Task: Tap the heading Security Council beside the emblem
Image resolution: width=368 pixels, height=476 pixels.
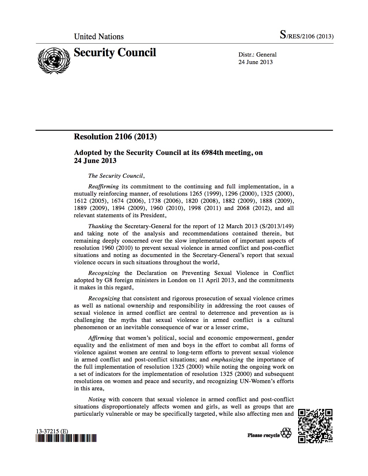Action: (115, 53)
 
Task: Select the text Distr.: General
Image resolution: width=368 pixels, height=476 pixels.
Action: (257, 55)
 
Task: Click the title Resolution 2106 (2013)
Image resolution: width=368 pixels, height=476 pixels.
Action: (115, 136)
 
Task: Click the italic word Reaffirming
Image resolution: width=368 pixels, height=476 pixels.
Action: (103, 186)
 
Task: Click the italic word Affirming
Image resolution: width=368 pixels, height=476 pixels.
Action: (100, 338)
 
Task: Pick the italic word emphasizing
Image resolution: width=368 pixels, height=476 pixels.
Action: (227, 359)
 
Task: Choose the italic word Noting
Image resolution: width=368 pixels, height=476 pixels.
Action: (97, 399)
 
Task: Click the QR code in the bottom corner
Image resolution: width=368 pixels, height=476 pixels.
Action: (315, 426)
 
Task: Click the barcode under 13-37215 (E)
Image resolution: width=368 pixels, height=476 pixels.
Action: (66, 438)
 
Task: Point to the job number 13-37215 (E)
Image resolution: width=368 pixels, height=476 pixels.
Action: (52, 432)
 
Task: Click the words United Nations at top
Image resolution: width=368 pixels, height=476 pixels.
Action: (99, 37)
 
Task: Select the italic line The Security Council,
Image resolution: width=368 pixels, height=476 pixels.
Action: (116, 176)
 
